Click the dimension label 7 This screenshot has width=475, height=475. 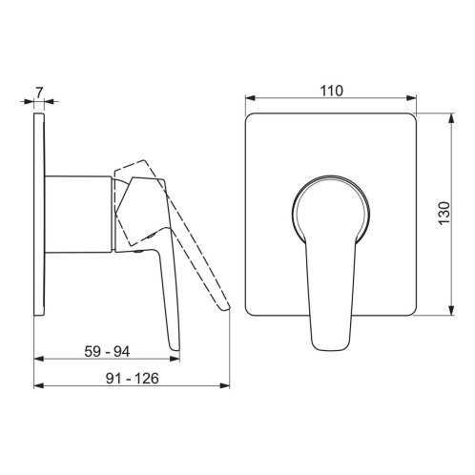click(39, 93)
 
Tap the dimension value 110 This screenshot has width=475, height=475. click(332, 91)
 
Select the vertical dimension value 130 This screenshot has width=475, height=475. click(444, 214)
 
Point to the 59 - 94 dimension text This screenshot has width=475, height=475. click(107, 352)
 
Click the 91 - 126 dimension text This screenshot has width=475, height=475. click(132, 379)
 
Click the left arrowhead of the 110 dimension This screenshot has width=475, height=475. click(250, 98)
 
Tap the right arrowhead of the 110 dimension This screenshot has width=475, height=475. click(411, 98)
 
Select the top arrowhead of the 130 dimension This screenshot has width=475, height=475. click(451, 118)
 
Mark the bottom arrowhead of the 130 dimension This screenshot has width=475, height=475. click(451, 310)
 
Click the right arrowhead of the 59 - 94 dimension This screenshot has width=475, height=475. click(175, 359)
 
